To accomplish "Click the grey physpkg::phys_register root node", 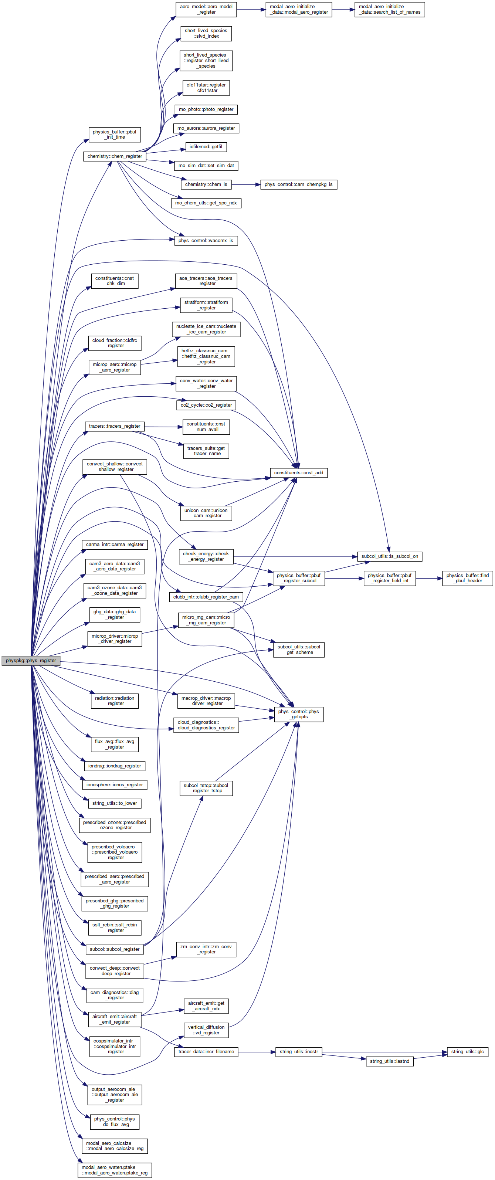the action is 31,661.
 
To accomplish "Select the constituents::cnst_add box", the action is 299,472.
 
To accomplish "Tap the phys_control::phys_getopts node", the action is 299,714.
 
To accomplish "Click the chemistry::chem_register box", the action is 115,156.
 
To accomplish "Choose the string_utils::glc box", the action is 468,1051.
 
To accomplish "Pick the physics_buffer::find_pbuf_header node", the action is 468,578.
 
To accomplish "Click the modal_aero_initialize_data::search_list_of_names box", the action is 390,10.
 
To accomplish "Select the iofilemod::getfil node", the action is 206,147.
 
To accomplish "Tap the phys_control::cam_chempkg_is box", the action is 299,184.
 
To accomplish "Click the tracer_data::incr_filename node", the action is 206,1051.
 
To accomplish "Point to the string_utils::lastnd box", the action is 390,1061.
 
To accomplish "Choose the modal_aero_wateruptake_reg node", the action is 115,1170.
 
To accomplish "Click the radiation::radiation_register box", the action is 115,701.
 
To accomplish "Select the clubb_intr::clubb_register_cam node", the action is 206,597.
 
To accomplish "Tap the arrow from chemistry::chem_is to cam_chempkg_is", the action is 246,184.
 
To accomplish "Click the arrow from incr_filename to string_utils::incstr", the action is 257,1051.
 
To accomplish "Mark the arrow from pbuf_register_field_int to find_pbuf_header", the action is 429,578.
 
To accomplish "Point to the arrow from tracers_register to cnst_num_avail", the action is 163,427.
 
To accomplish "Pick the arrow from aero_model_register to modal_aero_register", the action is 251,10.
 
